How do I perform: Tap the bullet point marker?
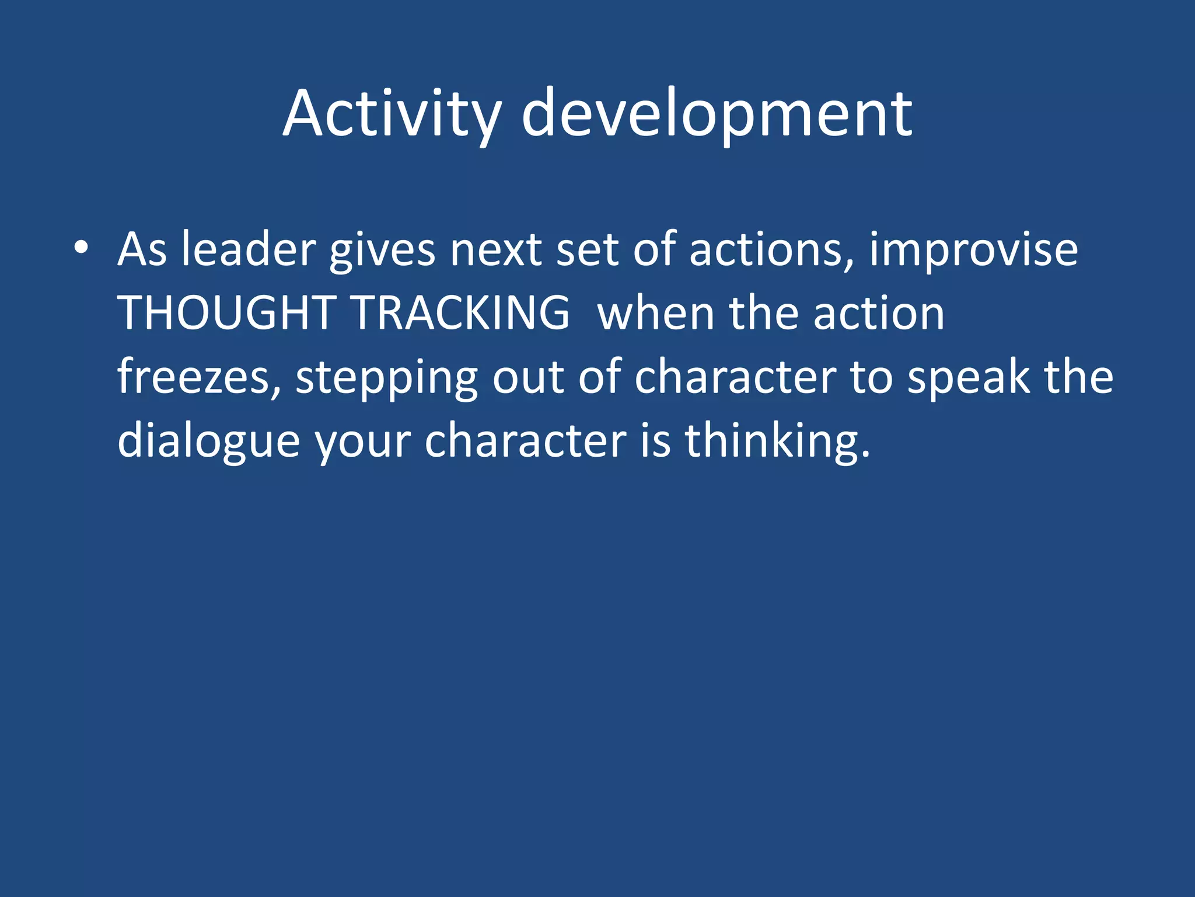(81, 248)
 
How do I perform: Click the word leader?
(248, 250)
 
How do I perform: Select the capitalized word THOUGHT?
(227, 313)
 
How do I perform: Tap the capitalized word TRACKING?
(461, 313)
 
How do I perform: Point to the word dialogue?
(208, 441)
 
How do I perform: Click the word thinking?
(776, 441)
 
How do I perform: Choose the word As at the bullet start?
(142, 250)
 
